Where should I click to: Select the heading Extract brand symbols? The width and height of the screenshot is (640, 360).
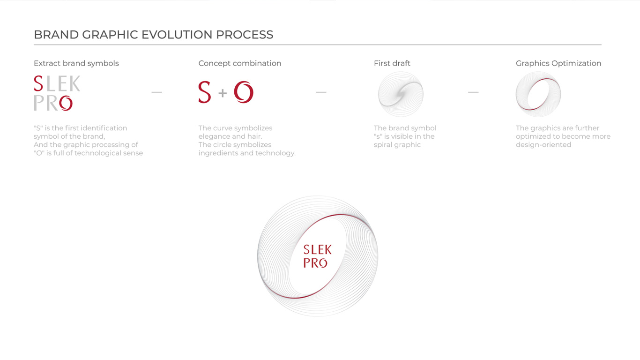point(76,63)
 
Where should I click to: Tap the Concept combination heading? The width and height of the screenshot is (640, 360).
point(240,63)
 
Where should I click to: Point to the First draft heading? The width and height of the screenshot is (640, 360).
point(392,63)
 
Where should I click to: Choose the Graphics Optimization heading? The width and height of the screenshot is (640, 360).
point(558,63)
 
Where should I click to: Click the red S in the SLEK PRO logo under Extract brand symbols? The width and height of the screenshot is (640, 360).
point(38,83)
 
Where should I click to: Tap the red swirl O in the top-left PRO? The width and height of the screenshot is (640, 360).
point(66,103)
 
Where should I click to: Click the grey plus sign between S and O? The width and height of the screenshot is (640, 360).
point(223,93)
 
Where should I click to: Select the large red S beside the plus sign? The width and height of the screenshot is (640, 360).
point(205,92)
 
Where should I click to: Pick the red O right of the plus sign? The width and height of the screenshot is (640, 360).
point(244,92)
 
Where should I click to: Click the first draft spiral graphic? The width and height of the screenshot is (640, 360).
point(401,94)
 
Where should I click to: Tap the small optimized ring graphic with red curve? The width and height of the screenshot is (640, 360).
point(538,94)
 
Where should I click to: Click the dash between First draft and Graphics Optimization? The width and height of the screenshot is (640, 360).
point(473,92)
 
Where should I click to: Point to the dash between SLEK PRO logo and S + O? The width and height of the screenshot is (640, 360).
point(156,92)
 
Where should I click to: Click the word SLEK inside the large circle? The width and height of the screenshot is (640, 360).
point(318,250)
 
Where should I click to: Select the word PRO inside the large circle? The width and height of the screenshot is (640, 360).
point(315,263)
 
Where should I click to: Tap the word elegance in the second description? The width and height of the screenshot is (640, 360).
point(214,136)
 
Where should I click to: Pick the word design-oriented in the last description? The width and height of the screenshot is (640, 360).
point(543,145)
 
